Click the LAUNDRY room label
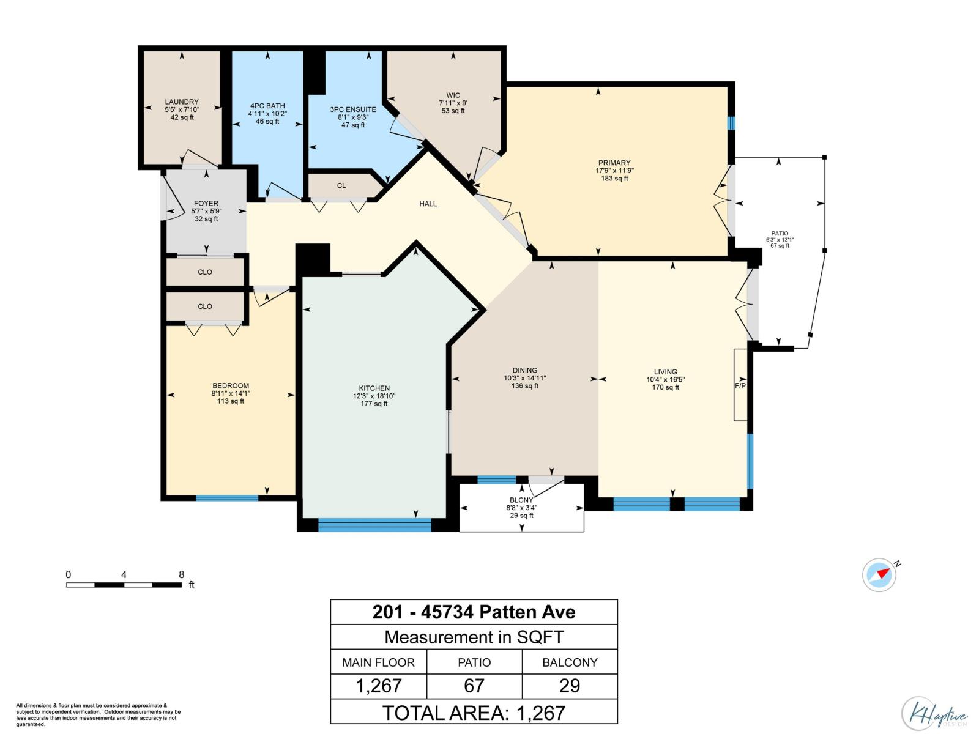[x=182, y=102]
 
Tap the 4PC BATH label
[x=267, y=106]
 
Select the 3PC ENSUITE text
[x=353, y=109]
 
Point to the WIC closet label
[x=453, y=95]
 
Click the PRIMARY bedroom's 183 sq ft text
[x=614, y=179]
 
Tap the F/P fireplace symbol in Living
[x=740, y=385]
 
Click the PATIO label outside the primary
[x=780, y=234]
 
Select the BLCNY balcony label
[x=520, y=500]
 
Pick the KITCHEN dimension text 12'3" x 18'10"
[x=374, y=396]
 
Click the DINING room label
[x=524, y=370]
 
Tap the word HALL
[x=428, y=204]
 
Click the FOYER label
[x=206, y=204]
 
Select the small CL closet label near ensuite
[x=341, y=185]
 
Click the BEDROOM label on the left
[x=231, y=386]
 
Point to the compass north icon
[x=880, y=574]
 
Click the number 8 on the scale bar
[x=181, y=574]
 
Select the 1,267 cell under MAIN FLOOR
[x=379, y=686]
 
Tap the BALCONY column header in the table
[x=570, y=662]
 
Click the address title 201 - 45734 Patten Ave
[x=474, y=612]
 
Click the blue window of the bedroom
[x=226, y=498]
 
